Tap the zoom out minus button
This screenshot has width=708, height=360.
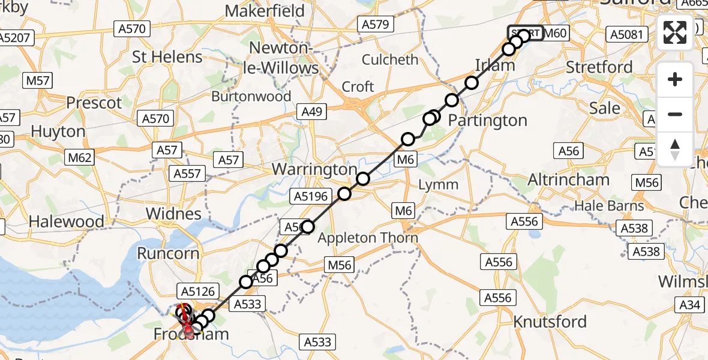coord(675,114)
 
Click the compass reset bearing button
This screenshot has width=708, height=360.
coord(675,149)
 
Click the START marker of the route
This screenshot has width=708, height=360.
coord(525,33)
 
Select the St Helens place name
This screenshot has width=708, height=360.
coord(167,57)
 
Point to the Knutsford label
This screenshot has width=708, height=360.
coord(550,322)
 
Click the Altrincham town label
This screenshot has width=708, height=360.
coord(568,179)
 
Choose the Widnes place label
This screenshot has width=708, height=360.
coord(173,214)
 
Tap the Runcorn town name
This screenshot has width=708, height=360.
coord(168,253)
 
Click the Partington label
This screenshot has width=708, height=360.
coord(488,121)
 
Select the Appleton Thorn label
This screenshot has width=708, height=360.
coord(368,238)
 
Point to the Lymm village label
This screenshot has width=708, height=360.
coord(438,185)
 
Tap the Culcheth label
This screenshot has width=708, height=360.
coord(391,60)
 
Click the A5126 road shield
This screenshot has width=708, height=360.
coord(195,292)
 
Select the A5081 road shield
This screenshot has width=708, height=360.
coord(627,34)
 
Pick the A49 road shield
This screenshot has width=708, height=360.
coord(313,112)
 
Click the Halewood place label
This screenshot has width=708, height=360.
coord(66,221)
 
